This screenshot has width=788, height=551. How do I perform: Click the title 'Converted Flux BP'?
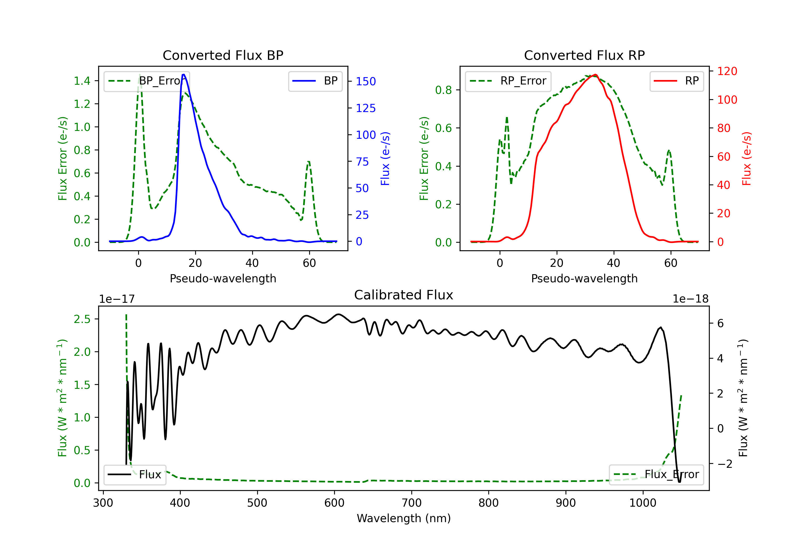(x=223, y=55)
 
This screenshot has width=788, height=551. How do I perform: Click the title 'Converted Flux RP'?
(x=584, y=55)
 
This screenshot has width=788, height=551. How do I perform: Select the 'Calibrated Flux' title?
(x=404, y=295)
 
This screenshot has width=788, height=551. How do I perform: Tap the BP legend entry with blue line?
(x=315, y=81)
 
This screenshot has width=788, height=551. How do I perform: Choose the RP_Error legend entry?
(x=508, y=81)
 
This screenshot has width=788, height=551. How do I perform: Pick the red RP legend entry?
(x=676, y=81)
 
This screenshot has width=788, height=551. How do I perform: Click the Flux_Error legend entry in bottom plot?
(x=656, y=475)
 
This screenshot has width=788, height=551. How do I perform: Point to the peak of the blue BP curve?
(x=184, y=75)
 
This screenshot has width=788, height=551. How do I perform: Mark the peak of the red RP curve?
(x=595, y=75)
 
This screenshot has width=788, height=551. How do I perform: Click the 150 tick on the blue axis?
(x=366, y=81)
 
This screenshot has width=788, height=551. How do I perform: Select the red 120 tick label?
(x=727, y=71)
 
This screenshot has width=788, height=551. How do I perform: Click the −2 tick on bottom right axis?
(x=724, y=464)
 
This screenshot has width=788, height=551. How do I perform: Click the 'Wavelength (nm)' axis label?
(x=404, y=518)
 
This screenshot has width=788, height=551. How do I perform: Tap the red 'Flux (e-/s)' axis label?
(x=746, y=158)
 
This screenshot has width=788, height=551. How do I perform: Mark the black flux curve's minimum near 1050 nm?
(x=679, y=482)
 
